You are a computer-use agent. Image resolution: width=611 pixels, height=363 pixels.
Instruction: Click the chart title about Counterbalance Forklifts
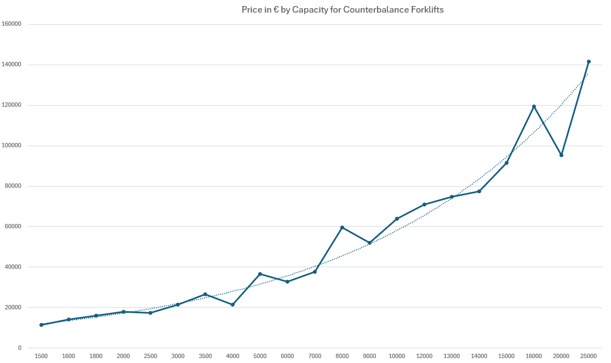pyautogui.click(x=342, y=10)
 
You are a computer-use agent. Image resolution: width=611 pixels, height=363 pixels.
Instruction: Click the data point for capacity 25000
pyautogui.click(x=589, y=62)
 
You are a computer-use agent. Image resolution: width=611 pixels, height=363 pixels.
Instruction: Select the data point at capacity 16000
pyautogui.click(x=534, y=106)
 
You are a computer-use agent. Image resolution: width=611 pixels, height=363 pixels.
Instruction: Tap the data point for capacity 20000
pyautogui.click(x=561, y=155)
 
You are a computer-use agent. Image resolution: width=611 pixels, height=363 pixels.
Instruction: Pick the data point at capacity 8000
pyautogui.click(x=342, y=227)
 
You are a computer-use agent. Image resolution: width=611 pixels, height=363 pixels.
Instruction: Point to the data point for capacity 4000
pyautogui.click(x=232, y=304)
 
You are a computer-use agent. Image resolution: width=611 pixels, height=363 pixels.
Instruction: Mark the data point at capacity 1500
pyautogui.click(x=41, y=325)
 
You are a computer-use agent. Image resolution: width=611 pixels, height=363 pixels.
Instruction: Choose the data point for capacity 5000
pyautogui.click(x=260, y=274)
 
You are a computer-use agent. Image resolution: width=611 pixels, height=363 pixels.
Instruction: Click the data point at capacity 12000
pyautogui.click(x=424, y=205)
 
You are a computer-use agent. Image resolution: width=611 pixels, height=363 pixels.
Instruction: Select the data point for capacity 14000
pyautogui.click(x=479, y=191)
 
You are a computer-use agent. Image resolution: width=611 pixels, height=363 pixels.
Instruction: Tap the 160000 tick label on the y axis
pyautogui.click(x=12, y=24)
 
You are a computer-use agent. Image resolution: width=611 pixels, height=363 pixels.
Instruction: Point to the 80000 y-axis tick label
pyautogui.click(x=13, y=186)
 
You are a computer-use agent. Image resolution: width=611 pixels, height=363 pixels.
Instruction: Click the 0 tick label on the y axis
pyautogui.click(x=20, y=348)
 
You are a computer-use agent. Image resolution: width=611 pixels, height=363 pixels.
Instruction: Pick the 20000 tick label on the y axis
pyautogui.click(x=13, y=308)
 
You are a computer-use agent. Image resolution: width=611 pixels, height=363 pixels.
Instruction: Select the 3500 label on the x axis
pyautogui.click(x=205, y=356)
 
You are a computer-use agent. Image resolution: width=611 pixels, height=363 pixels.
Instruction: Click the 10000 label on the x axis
pyautogui.click(x=397, y=356)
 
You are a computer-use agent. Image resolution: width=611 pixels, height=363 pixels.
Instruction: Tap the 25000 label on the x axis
pyautogui.click(x=589, y=356)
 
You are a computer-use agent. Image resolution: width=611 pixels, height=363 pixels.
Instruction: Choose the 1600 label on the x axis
pyautogui.click(x=68, y=356)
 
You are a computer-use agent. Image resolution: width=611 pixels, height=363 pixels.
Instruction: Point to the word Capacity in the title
pyautogui.click(x=309, y=10)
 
